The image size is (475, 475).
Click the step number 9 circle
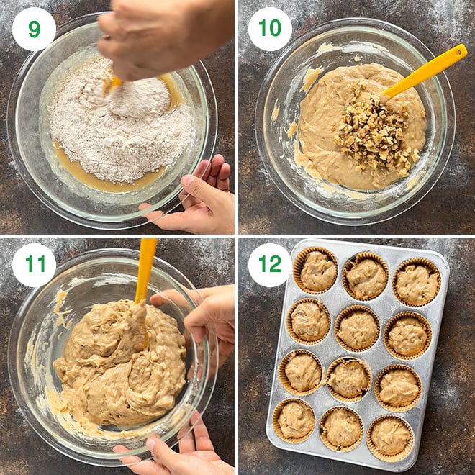pyautogui.click(x=34, y=29)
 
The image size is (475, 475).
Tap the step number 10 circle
pyautogui.click(x=270, y=29)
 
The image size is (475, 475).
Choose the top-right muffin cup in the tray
pyautogui.click(x=417, y=283)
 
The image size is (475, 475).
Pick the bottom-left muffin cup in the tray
pyautogui.click(x=295, y=420)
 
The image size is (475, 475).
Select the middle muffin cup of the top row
pyautogui.click(x=366, y=276)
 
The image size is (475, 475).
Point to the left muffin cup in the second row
pyautogui.click(x=309, y=321)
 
